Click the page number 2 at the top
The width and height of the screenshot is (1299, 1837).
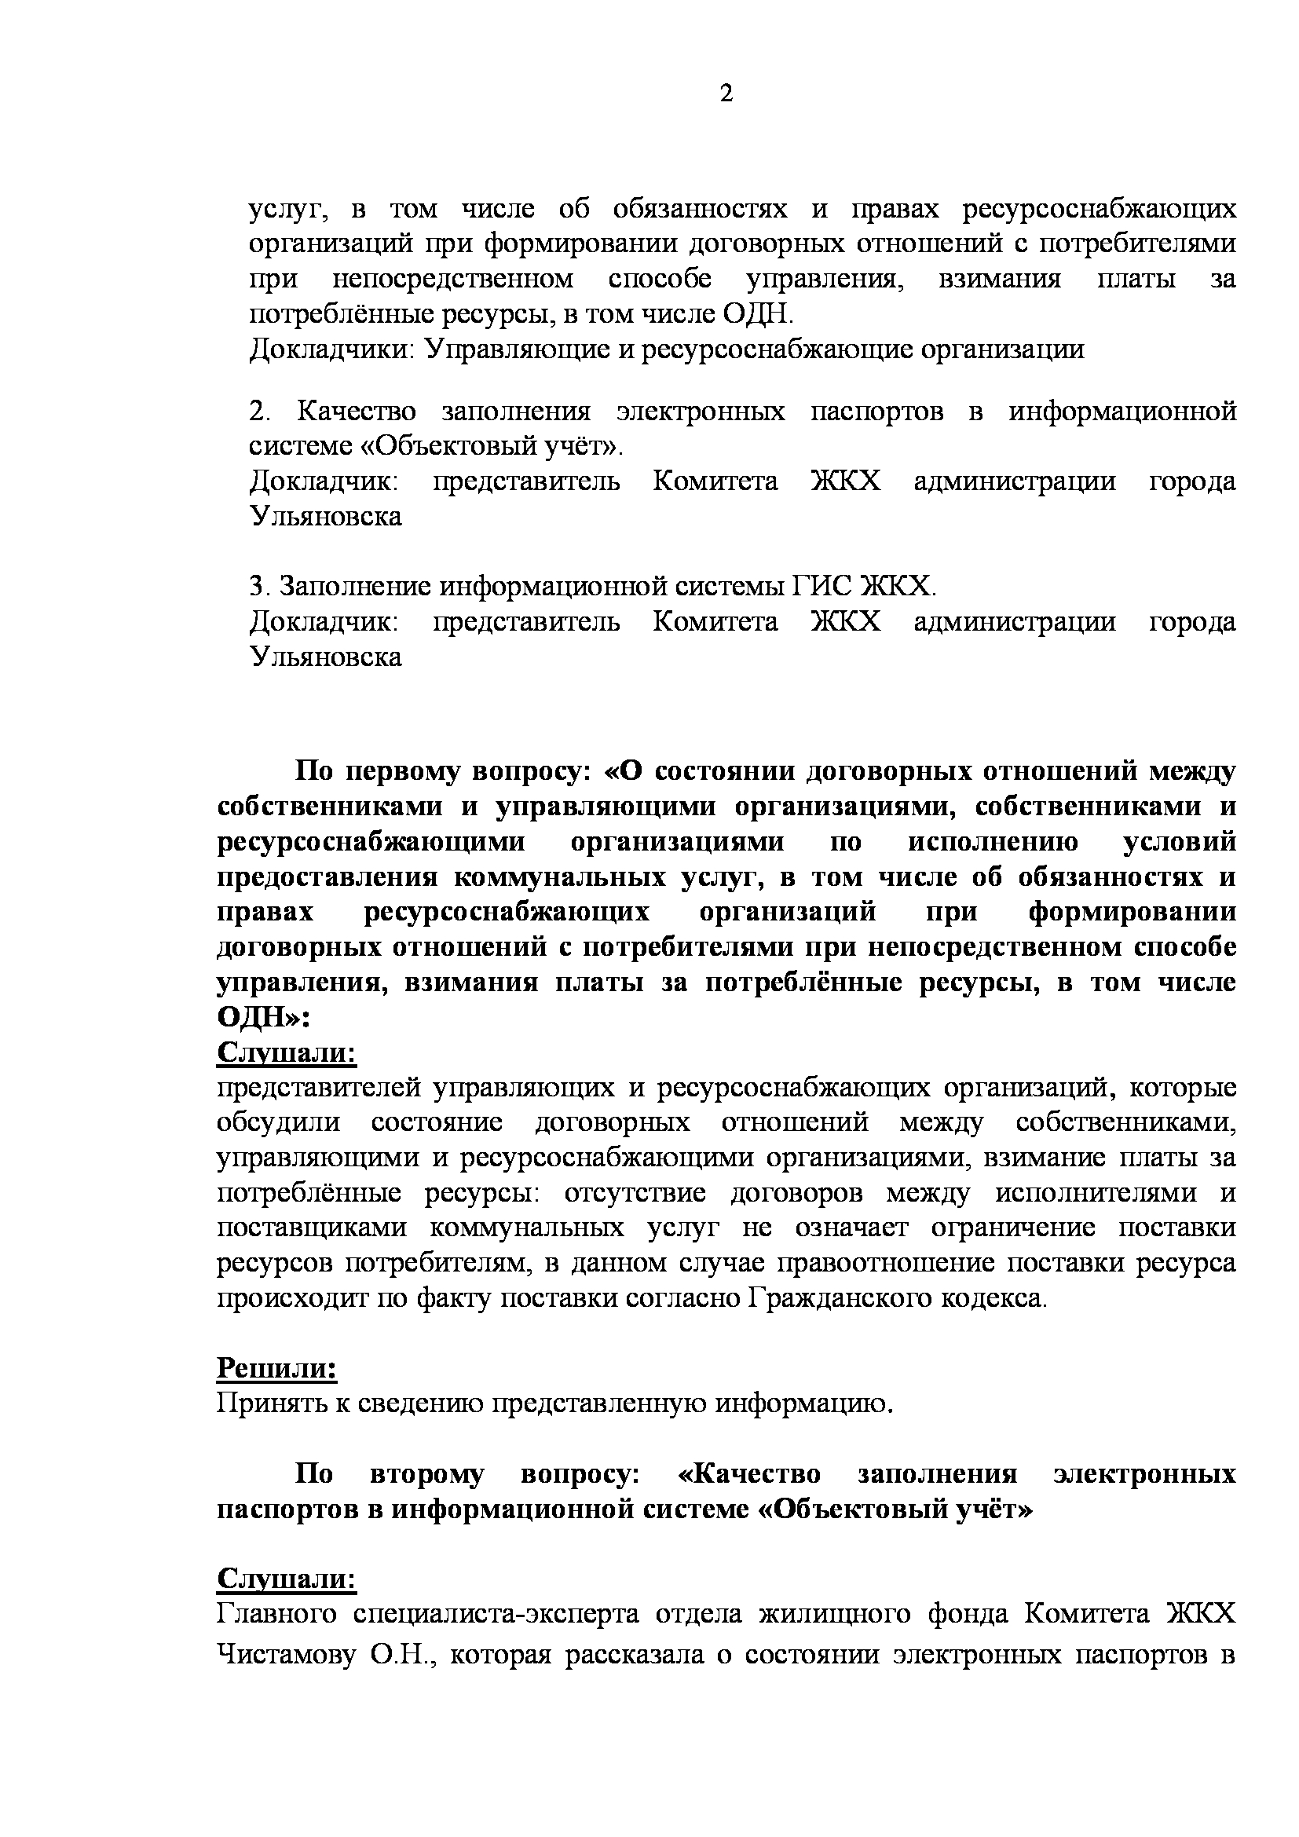[x=726, y=94]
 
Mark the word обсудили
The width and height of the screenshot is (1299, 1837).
[x=278, y=1122]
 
